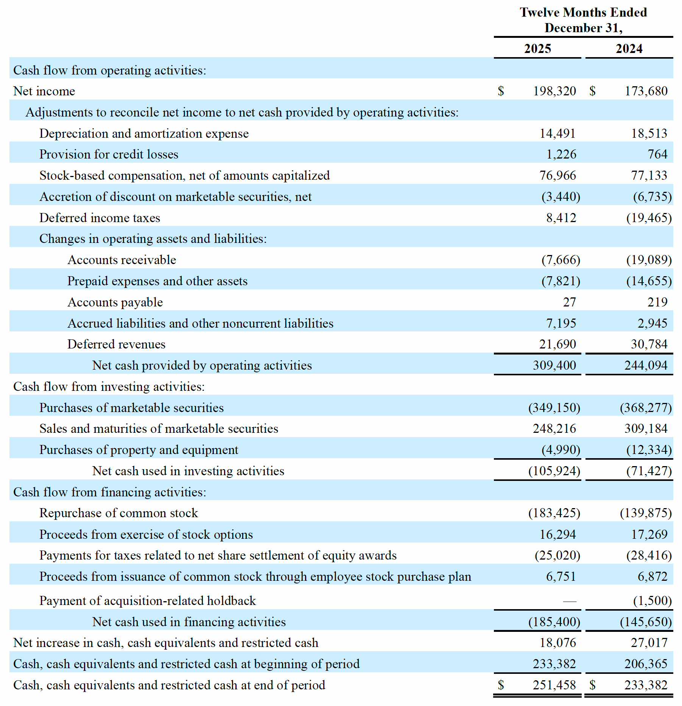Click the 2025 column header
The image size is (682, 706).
[x=537, y=49]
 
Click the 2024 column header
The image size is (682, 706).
[x=629, y=49]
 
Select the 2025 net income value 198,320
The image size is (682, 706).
[x=554, y=91]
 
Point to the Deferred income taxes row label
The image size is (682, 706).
[x=100, y=218]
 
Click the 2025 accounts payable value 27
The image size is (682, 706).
[x=569, y=302]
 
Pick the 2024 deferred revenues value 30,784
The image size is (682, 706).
[x=649, y=344]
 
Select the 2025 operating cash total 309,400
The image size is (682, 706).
[x=554, y=365]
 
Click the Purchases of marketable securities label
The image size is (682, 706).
[x=131, y=408]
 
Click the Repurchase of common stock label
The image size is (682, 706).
[x=118, y=513]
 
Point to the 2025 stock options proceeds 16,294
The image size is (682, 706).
[x=557, y=535]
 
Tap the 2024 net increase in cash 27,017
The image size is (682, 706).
[x=649, y=643]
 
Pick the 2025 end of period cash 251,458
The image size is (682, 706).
[x=554, y=685]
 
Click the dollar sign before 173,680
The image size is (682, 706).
[x=592, y=91]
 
